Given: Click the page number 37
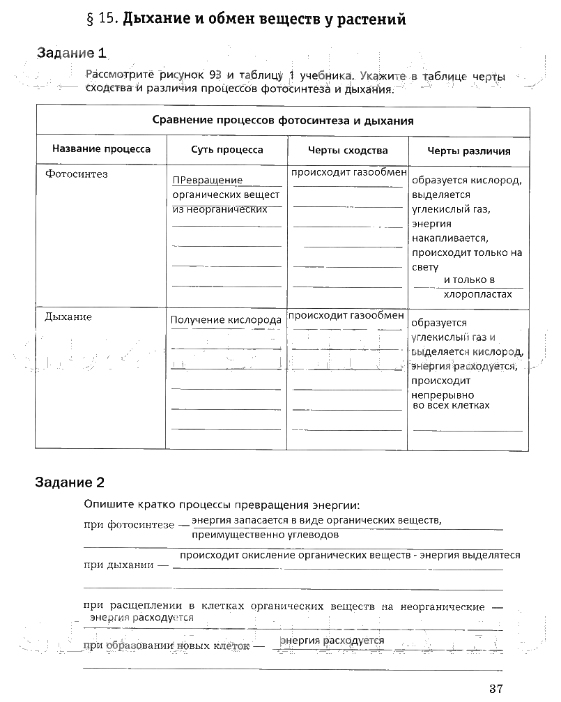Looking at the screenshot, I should (495, 689).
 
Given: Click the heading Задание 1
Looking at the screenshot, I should (72, 52).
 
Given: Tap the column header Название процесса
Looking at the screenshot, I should (101, 150).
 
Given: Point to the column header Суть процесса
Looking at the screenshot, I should (227, 150).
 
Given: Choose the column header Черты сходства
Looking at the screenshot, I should (348, 150).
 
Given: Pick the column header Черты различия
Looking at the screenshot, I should (468, 151).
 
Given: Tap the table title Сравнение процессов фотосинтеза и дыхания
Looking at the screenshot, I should (283, 121).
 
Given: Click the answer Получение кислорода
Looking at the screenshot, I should (226, 320).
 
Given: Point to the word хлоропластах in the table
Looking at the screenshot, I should (477, 294).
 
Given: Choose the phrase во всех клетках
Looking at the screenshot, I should (451, 405).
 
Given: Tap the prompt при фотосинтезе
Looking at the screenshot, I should (124, 524).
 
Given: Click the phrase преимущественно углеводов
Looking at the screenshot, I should (266, 535).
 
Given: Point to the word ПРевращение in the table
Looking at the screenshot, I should (207, 181).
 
